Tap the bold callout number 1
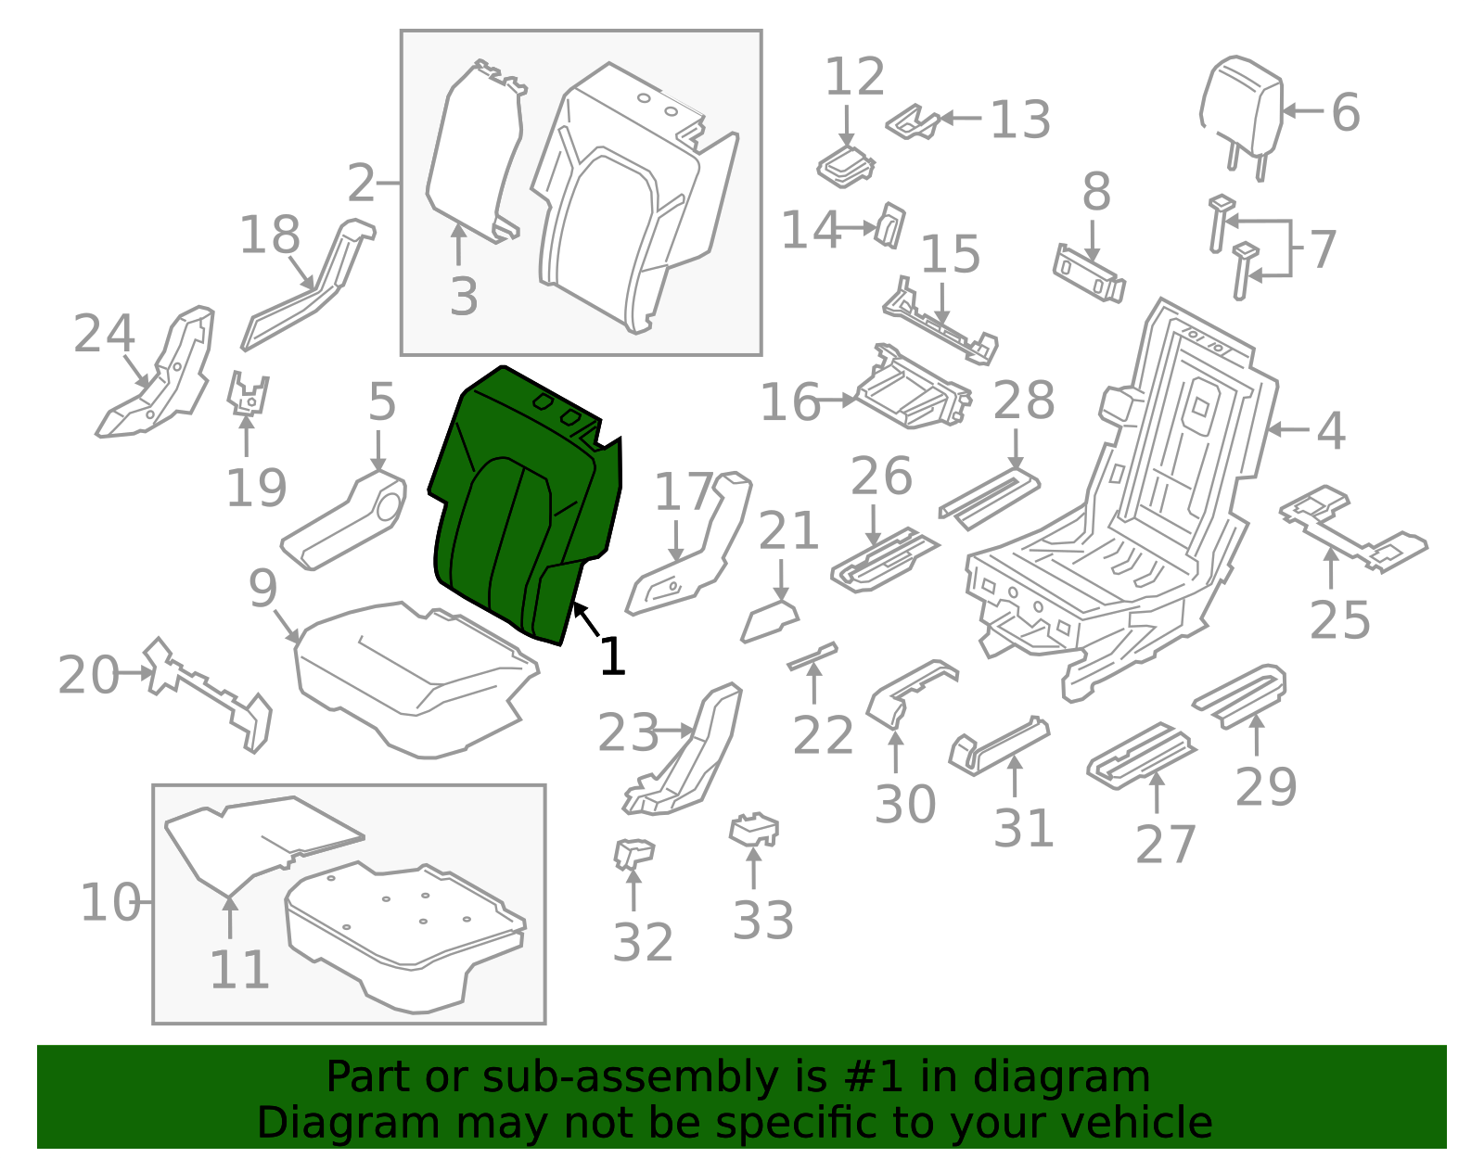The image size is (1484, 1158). (612, 655)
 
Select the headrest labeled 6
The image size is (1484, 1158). (1240, 116)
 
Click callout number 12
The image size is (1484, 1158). (855, 76)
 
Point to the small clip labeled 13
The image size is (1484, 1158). (914, 122)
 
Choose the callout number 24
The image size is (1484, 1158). (104, 334)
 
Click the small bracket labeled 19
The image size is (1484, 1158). (248, 394)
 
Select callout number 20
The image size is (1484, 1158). (88, 675)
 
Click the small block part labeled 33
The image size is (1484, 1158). (754, 829)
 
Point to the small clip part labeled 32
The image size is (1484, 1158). (633, 854)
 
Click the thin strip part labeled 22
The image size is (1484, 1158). (812, 655)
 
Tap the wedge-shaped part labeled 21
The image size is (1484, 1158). (770, 621)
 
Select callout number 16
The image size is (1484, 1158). (789, 401)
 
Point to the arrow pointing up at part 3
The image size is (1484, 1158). (459, 244)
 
